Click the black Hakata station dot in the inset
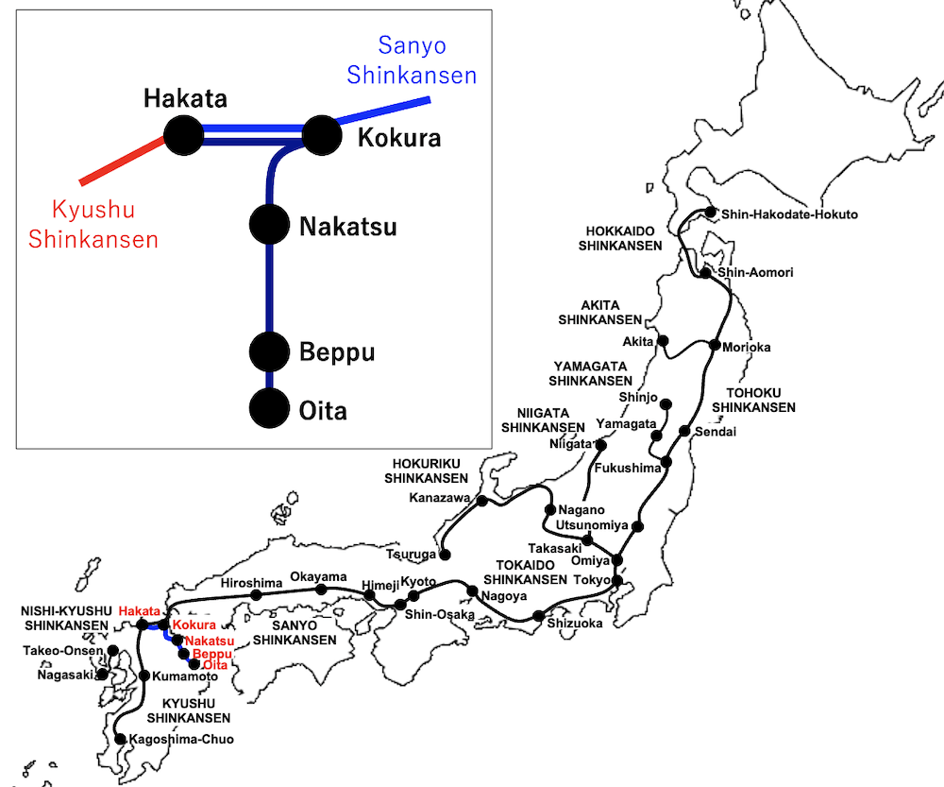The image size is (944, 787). click(184, 136)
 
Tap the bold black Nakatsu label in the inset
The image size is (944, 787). click(347, 227)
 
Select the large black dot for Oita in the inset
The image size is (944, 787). click(268, 409)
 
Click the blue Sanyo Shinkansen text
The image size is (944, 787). click(412, 60)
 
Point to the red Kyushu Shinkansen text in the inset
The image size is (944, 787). click(93, 224)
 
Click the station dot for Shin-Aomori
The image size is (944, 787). click(706, 273)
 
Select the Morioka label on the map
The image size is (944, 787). click(746, 347)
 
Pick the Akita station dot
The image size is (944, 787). click(663, 341)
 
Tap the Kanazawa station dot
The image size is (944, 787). click(482, 500)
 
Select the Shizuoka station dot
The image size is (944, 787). click(538, 616)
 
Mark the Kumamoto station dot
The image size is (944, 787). click(144, 676)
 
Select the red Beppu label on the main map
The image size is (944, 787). click(211, 654)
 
